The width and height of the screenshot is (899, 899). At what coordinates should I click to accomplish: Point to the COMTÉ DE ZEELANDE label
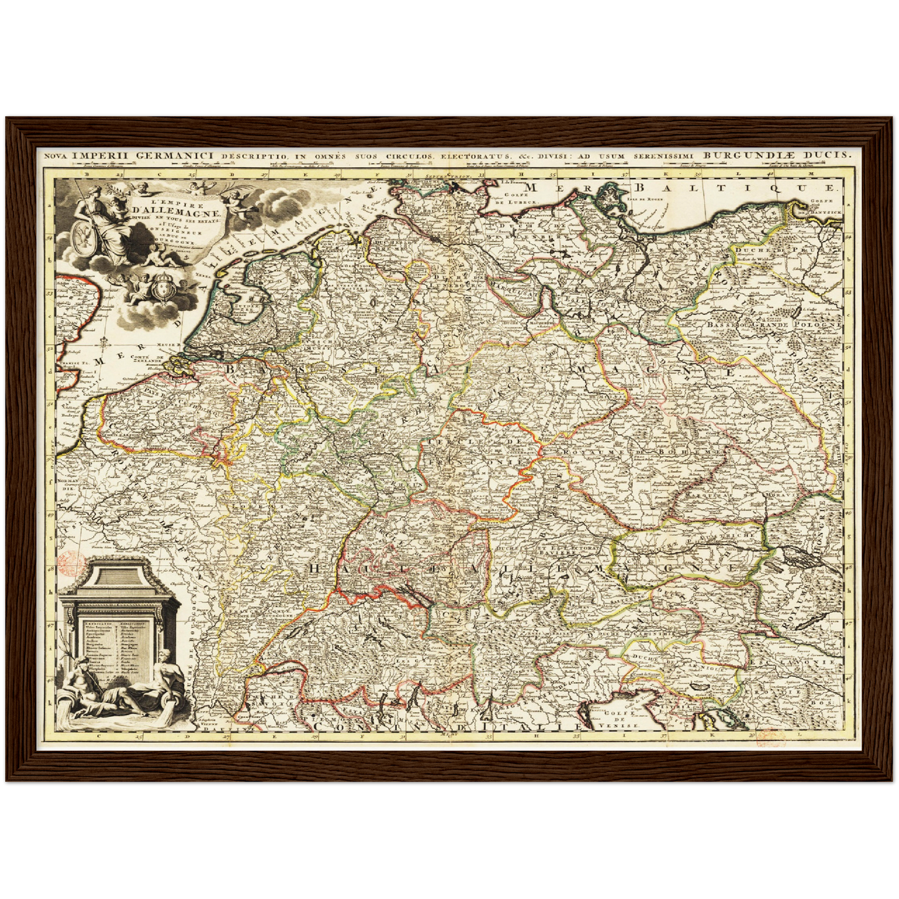(147, 361)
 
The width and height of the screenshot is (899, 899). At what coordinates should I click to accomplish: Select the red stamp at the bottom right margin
(771, 737)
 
